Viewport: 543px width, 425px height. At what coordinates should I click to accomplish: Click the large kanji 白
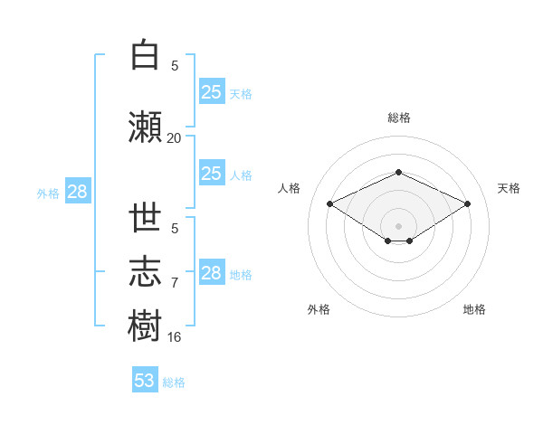(x=145, y=54)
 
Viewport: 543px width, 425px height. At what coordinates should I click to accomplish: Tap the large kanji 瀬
(x=145, y=127)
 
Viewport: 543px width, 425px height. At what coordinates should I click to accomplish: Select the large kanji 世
(x=145, y=217)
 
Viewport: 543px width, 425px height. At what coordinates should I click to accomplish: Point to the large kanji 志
(x=145, y=271)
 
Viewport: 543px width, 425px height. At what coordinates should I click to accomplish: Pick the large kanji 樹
(x=145, y=326)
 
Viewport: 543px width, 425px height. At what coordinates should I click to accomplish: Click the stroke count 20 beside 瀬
(x=174, y=138)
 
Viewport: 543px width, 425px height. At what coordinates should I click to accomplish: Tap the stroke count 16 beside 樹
(x=174, y=337)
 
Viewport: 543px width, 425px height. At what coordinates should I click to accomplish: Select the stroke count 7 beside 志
(x=175, y=283)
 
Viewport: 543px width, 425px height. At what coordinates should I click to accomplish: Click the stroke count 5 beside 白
(x=175, y=66)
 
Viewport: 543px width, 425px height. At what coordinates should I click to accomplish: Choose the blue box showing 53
(x=145, y=379)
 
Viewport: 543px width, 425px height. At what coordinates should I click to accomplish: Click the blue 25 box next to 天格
(x=212, y=91)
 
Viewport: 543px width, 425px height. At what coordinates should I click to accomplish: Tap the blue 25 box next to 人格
(x=212, y=173)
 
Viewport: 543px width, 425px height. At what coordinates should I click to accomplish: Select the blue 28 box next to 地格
(x=212, y=271)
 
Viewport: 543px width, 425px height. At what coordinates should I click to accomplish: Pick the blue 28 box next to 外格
(x=78, y=191)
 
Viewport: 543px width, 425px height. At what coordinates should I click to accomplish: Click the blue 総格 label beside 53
(x=174, y=382)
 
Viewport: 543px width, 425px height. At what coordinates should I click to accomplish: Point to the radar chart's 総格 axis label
(x=399, y=118)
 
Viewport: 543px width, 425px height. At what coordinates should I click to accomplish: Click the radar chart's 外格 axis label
(x=319, y=309)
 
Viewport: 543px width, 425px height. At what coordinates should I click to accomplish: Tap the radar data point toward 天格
(x=467, y=203)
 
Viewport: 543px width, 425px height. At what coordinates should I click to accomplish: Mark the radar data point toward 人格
(x=330, y=203)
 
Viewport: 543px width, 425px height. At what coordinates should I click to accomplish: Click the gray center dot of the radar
(x=398, y=226)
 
